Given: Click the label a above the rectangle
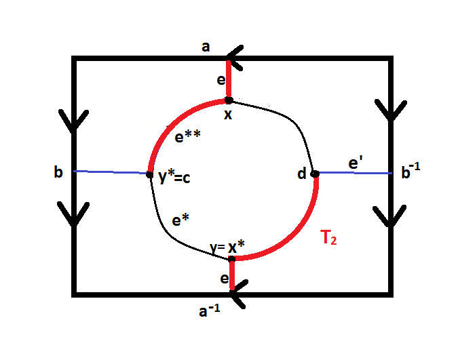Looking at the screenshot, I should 206,47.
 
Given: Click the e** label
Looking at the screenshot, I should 188,137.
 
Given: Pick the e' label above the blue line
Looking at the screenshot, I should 354,163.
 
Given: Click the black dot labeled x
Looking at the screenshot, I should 229,100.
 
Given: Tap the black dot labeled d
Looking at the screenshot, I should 315,174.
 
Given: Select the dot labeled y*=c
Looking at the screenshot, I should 150,174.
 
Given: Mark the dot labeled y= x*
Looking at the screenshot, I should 231,258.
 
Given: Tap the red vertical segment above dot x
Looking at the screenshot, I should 230,80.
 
